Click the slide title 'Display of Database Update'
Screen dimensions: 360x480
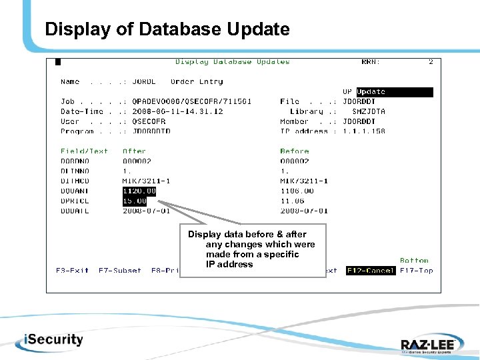[x=167, y=30]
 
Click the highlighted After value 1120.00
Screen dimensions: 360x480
[x=139, y=191]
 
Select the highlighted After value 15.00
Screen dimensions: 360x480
[x=135, y=201]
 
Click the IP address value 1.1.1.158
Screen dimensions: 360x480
[x=364, y=131]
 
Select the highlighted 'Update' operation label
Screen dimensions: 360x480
[x=371, y=92]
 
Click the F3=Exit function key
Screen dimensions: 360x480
[x=73, y=271]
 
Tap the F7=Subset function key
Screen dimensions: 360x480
[x=120, y=271]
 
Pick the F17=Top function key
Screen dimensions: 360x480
[x=417, y=271]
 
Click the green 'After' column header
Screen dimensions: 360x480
[x=134, y=151]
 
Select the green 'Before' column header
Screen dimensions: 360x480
[x=294, y=151]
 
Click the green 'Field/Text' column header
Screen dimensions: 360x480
[x=84, y=151]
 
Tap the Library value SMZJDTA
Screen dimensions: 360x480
[x=369, y=112]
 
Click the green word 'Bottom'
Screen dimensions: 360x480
[x=415, y=261]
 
